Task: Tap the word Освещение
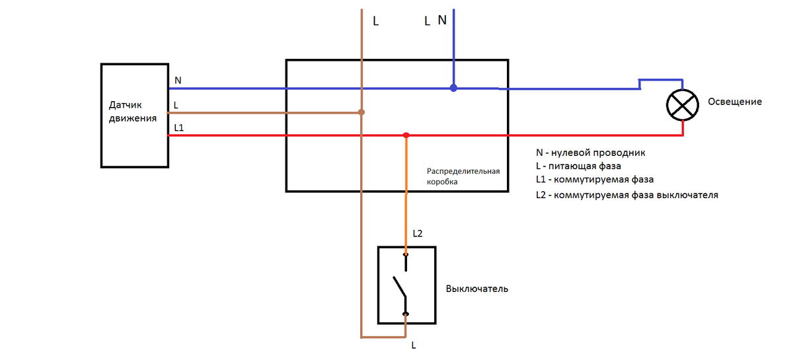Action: click(734, 102)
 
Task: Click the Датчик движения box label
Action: click(133, 112)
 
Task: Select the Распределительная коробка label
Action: click(463, 175)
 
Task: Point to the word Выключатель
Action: click(477, 289)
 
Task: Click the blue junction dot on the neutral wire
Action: click(453, 87)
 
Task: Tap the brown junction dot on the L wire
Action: click(361, 112)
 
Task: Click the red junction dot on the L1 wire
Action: click(406, 135)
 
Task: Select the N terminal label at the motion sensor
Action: click(178, 80)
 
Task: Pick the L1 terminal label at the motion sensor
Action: click(179, 127)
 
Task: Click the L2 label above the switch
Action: click(417, 234)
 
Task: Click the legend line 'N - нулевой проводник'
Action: click(590, 153)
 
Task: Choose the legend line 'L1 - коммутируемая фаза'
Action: click(595, 180)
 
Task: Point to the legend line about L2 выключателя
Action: click(626, 196)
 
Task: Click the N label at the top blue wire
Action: click(442, 19)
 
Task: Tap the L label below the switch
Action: click(414, 345)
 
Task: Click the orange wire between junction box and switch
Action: click(406, 198)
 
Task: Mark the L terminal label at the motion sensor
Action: click(176, 105)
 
